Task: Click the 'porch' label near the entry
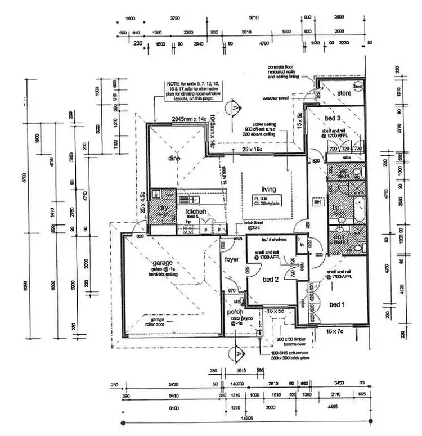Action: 235,312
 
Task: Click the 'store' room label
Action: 344,93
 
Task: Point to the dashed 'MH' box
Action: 317,202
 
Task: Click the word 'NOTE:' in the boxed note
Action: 171,84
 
